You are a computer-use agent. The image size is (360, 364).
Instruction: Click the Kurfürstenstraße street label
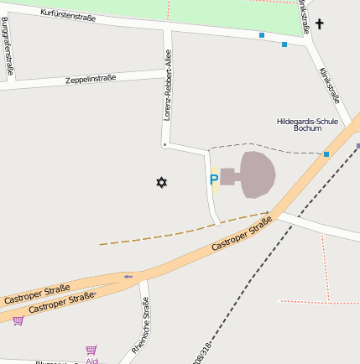[x=68, y=14]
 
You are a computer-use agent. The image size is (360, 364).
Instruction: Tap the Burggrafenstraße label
[x=8, y=47]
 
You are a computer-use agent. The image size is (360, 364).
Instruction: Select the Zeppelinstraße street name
[x=90, y=79]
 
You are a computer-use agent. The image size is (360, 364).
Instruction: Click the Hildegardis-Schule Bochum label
[x=306, y=124]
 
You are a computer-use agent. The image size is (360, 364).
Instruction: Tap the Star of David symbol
[x=161, y=182]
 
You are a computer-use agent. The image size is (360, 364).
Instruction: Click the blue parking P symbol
[x=213, y=179]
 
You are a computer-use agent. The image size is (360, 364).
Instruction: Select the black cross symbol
[x=319, y=24]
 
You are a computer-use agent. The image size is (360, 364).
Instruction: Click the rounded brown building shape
[x=256, y=174]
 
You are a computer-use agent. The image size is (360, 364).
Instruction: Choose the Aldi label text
[x=91, y=361]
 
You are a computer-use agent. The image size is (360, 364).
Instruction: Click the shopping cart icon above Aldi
[x=91, y=349]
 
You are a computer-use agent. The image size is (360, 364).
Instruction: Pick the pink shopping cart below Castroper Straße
[x=18, y=320]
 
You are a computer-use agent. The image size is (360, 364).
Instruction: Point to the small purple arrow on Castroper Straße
[x=128, y=275]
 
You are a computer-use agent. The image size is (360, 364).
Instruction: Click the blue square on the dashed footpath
[x=326, y=153]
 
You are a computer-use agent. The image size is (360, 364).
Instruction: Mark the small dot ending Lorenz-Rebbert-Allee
[x=164, y=144]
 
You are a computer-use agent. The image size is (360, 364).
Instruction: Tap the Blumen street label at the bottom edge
[x=50, y=361]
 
